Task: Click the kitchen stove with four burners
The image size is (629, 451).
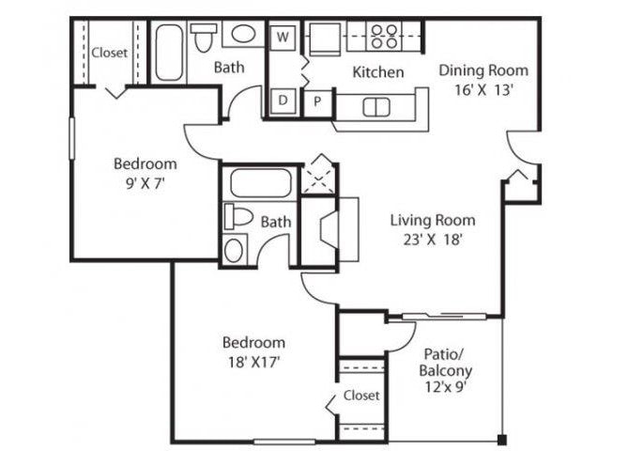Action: [383, 37]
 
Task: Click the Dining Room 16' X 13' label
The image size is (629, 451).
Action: [483, 78]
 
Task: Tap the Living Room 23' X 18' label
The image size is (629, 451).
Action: [433, 229]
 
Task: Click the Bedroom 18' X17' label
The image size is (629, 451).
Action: [253, 351]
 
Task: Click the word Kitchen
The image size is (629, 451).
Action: [378, 72]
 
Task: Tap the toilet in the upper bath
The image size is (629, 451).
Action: [203, 39]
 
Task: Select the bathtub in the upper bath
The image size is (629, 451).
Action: [170, 53]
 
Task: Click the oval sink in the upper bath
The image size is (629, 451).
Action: [243, 37]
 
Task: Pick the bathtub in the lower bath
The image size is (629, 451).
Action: [260, 182]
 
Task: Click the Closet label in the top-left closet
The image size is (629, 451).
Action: [109, 54]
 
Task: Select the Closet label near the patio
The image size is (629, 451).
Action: [361, 396]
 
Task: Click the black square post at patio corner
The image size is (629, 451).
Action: [502, 438]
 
